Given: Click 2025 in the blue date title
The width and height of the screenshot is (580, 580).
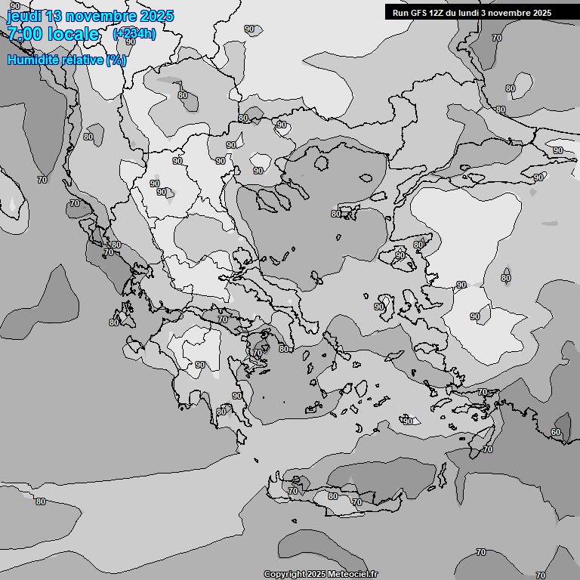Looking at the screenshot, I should [156, 16].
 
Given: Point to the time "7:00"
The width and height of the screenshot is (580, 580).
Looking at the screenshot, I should [24, 34].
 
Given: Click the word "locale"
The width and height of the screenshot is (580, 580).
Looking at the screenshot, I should [74, 34].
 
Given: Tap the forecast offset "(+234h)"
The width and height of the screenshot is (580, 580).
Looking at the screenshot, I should [134, 33].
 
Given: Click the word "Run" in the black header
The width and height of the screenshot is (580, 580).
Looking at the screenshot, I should [400, 13].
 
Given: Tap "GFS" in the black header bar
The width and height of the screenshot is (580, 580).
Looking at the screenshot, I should [418, 13].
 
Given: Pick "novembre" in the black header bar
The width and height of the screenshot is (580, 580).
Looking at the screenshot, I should [507, 13].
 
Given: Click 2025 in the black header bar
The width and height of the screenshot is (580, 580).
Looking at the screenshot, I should [541, 13].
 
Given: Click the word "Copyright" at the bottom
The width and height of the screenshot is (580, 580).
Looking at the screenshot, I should [284, 575].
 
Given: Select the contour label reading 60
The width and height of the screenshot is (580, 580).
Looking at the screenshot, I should [556, 432].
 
